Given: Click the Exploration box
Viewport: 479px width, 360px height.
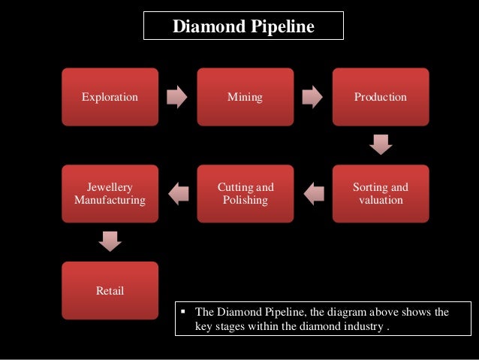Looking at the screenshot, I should pos(110,97).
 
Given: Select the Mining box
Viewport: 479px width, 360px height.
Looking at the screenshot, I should pos(246,97).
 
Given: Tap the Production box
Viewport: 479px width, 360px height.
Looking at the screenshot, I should pos(381,97).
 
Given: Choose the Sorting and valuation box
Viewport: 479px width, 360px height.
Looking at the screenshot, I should pos(381,193).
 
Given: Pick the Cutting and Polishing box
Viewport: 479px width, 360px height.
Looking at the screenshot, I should pos(246,193).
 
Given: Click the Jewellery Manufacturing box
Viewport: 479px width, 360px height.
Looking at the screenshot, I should pos(110,193).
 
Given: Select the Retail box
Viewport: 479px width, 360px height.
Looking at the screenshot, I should pos(110,290).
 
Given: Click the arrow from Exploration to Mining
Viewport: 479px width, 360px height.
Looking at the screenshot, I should pos(178,97).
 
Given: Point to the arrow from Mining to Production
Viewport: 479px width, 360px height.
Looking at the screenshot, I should pos(313,97).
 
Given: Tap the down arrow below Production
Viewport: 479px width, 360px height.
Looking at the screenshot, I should pos(381,144).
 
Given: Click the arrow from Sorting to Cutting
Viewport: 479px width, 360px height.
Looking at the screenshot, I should pos(313,194).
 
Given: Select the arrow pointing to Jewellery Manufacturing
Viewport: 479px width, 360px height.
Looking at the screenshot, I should pos(178,194).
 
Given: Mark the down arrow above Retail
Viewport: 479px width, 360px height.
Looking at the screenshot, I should pos(110,241).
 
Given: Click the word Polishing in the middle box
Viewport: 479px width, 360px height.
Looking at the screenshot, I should pos(246,201).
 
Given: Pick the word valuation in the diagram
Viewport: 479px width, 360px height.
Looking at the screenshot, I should pos(381,201).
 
